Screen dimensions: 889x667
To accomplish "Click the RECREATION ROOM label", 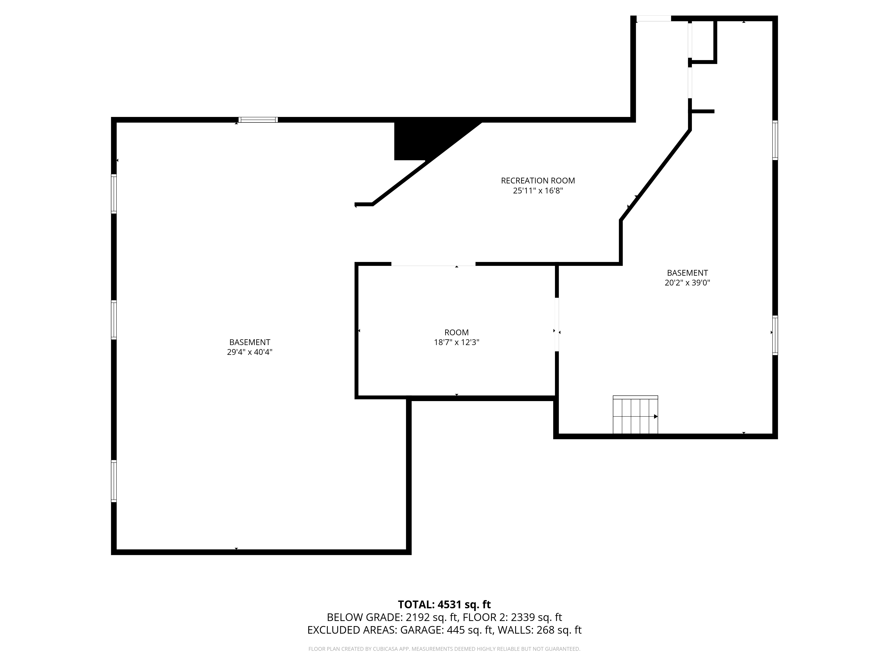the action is pos(538,181).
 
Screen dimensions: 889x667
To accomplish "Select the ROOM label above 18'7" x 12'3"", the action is pos(457,332).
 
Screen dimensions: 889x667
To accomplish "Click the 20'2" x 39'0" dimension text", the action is pos(687,283).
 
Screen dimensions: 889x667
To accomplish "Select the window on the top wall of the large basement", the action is pos(258,120).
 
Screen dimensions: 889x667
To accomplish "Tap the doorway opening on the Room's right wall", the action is pos(557,324).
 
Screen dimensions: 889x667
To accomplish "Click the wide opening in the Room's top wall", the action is pos(433,264).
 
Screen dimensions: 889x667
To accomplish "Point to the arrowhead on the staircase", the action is pos(656,416).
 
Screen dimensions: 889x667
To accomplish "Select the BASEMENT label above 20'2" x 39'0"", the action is pos(687,273).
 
